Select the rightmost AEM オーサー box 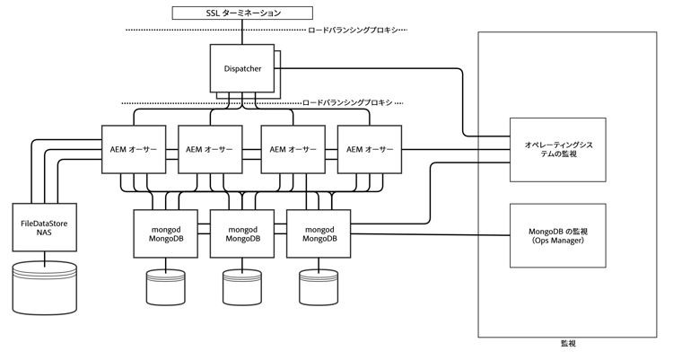click(x=368, y=148)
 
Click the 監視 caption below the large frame click(x=567, y=345)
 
